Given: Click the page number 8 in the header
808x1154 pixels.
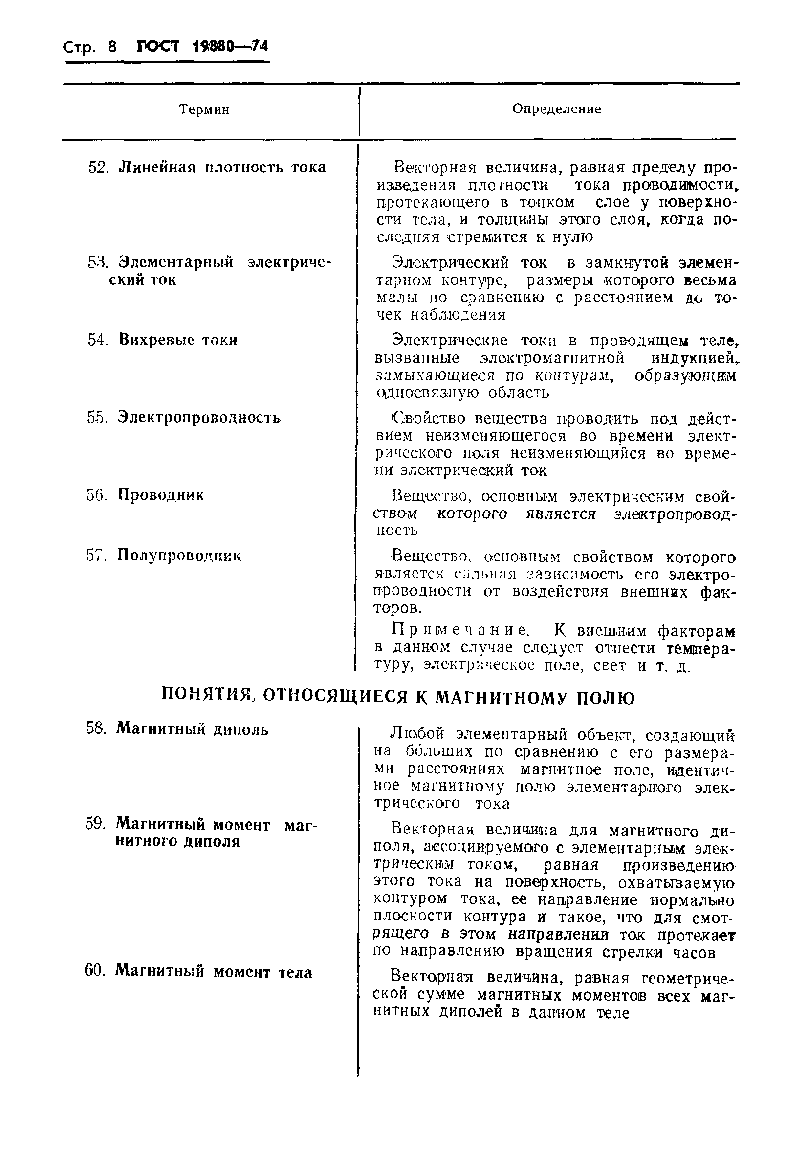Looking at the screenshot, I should point(111,47).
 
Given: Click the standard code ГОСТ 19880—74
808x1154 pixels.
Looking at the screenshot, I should point(203,46).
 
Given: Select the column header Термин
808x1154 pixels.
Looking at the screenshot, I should point(204,109).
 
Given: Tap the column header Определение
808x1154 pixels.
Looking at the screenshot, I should point(557,109).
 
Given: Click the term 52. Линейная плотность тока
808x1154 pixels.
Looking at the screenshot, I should point(207,168).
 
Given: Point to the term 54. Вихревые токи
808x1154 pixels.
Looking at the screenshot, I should point(162,340).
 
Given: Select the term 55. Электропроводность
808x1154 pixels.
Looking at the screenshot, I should point(183,418).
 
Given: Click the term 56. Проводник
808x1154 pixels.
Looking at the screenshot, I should point(145,495).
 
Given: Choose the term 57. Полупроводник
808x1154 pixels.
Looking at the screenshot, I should point(163,556).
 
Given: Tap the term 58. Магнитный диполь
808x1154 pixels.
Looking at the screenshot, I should point(177,728).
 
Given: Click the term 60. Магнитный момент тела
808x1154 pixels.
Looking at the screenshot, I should point(198,972).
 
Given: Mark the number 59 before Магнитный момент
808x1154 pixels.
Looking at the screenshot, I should point(94,824).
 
